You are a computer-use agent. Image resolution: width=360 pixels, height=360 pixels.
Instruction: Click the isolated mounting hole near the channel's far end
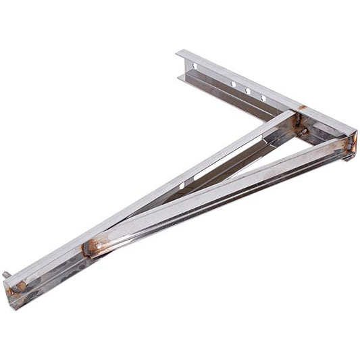point(195,66)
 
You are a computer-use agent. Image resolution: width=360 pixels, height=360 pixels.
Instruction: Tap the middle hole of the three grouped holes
point(247,91)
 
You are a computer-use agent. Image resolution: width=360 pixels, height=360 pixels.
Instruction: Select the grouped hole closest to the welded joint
point(263,98)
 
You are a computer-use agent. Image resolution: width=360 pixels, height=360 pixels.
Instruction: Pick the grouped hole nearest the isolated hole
point(233,84)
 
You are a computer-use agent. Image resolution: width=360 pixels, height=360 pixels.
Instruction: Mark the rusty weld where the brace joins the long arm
point(91,248)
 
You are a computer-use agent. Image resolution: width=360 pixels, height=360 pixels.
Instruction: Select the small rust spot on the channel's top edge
point(301,107)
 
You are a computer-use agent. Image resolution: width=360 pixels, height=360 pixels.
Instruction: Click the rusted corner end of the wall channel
point(350,145)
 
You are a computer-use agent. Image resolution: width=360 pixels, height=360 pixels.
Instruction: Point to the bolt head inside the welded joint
point(303,132)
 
